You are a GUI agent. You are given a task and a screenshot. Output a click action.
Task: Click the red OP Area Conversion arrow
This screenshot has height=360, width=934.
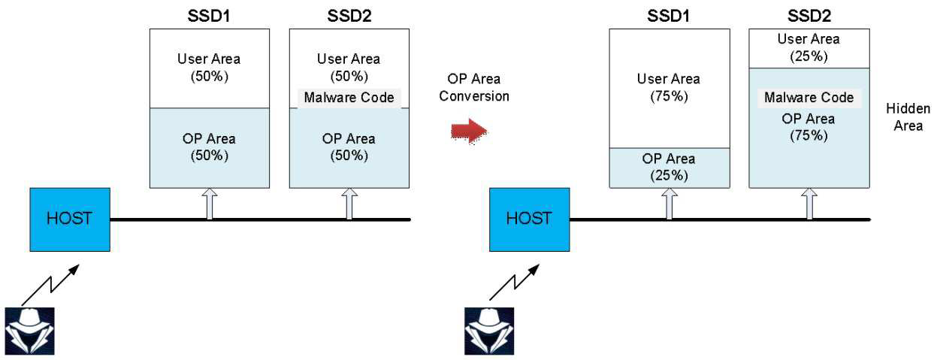coord(469,132)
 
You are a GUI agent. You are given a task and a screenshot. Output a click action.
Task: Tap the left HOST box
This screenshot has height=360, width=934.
coord(70,219)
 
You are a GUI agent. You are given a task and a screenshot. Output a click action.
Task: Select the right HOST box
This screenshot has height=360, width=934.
coord(530,219)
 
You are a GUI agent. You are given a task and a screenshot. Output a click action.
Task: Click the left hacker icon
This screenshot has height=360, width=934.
coord(29,331)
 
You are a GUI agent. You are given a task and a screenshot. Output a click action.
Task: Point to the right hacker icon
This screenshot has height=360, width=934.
coord(489,331)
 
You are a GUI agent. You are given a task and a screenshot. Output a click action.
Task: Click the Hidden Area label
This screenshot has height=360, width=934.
coord(908,117)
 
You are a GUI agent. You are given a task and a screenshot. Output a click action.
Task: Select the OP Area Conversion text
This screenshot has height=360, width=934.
coord(474,88)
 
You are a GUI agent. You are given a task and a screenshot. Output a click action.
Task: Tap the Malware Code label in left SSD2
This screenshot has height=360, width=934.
coord(349,98)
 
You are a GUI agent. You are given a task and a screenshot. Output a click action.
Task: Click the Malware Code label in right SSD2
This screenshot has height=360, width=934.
coord(809,98)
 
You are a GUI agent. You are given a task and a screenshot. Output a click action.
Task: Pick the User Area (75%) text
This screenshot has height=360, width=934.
coord(669,88)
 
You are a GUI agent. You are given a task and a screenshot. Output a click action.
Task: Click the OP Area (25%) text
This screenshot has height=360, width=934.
coord(669,167)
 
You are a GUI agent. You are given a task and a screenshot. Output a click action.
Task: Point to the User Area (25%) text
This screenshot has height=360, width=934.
coord(809,47)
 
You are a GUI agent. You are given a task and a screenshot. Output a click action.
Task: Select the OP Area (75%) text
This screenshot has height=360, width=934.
coord(809,127)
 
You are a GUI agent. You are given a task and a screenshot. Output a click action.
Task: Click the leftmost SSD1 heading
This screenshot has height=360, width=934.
coord(209,16)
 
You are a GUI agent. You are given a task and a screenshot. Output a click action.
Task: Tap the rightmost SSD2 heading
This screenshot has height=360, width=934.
coord(809,16)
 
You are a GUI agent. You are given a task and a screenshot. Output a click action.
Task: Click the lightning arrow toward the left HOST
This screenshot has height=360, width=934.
coord(50,285)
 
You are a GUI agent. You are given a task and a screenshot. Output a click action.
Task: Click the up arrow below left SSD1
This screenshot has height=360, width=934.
coord(210,204)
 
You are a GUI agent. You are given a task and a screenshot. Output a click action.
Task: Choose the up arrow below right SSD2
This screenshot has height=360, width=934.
coord(809,204)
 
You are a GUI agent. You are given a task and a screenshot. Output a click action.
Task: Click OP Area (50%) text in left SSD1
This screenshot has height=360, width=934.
coord(209,147)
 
